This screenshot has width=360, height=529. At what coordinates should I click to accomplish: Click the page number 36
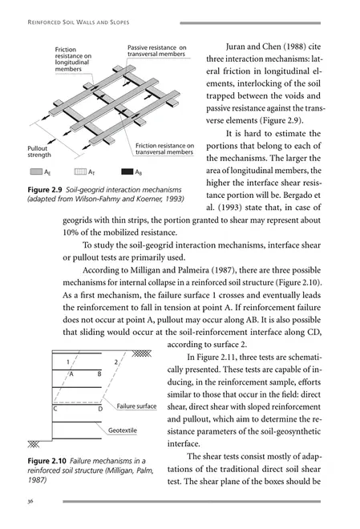pyautogui.click(x=30, y=502)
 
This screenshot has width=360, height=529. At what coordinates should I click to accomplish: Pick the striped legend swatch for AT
pyautogui.click(x=79, y=172)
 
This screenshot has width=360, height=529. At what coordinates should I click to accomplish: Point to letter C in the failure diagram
pyautogui.click(x=55, y=409)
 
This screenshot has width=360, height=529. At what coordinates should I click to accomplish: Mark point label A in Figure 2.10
pyautogui.click(x=71, y=374)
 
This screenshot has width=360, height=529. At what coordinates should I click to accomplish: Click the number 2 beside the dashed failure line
pyautogui.click(x=117, y=363)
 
